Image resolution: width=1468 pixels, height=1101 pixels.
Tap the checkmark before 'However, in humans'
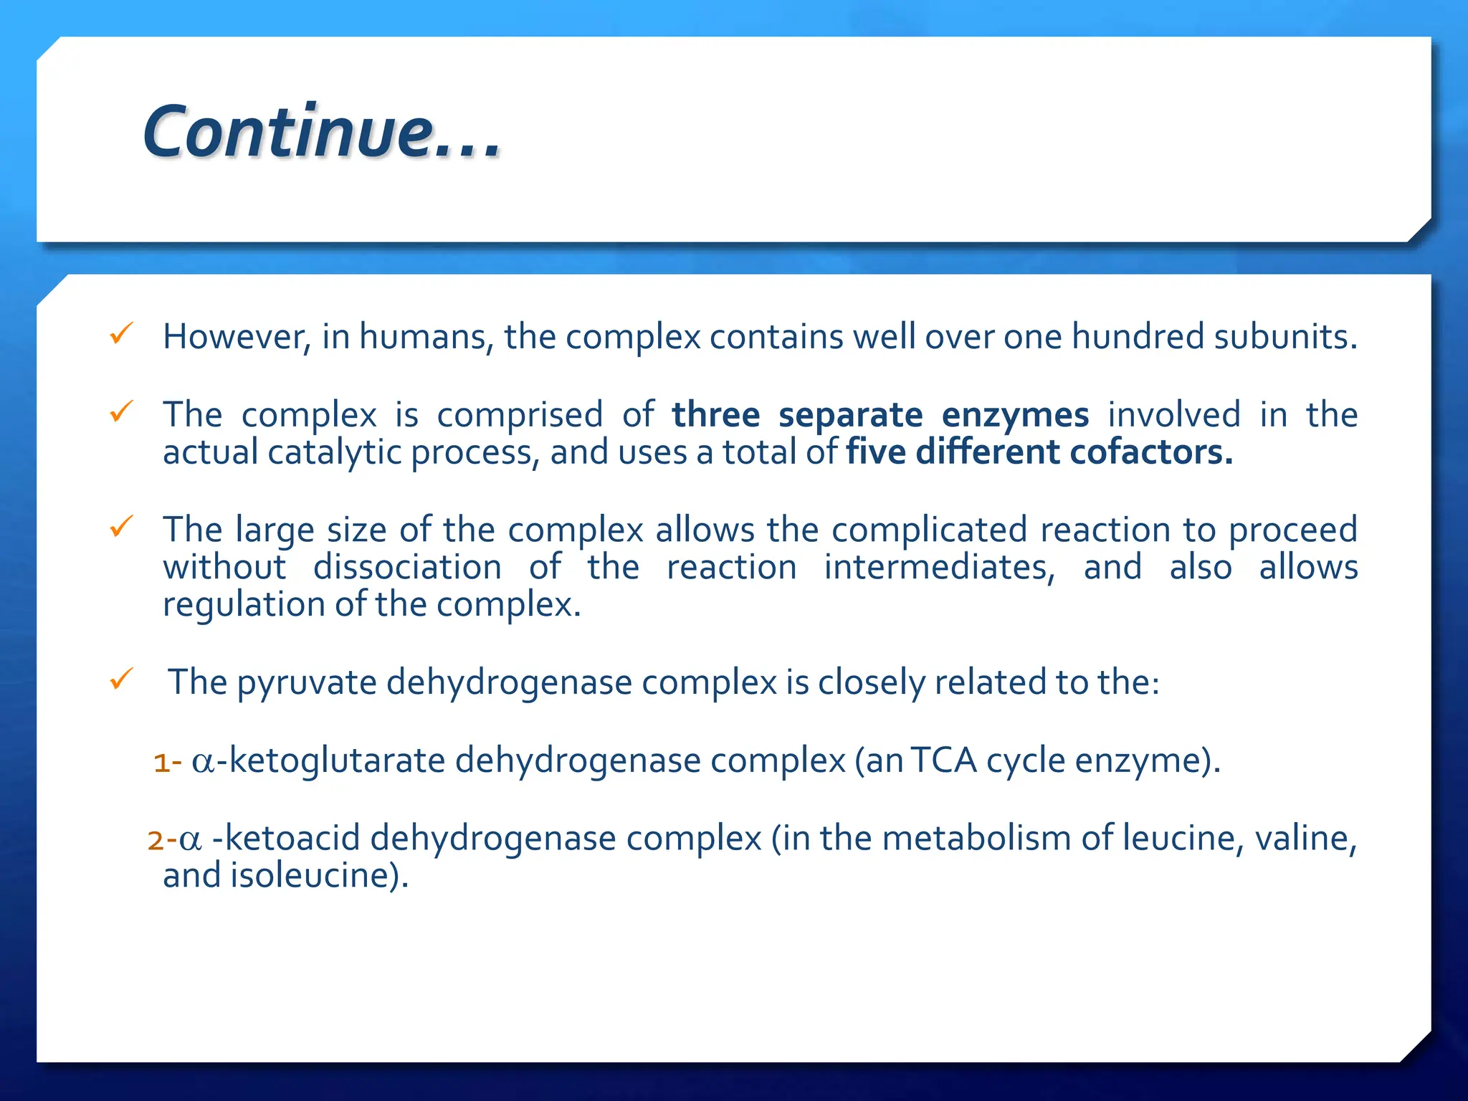click(121, 333)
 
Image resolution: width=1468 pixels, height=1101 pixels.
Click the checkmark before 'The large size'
click(121, 527)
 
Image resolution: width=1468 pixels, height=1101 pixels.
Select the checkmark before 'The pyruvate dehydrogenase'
click(121, 678)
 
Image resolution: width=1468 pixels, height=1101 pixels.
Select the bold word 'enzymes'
click(1015, 415)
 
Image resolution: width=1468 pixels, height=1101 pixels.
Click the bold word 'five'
click(876, 452)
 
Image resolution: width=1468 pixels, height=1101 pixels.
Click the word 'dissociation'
click(407, 567)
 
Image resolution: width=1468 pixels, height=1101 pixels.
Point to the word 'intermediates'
click(938, 567)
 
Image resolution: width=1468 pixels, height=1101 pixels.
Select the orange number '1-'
click(168, 762)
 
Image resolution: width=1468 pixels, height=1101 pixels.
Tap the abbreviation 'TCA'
click(944, 761)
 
